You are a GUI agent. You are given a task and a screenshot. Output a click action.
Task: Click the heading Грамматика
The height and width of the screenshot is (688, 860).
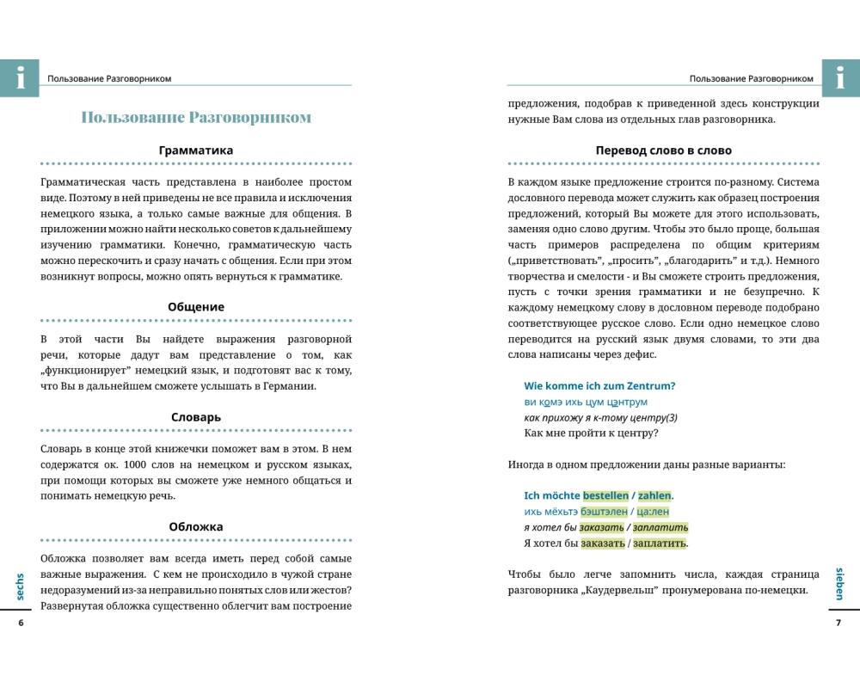[196, 150]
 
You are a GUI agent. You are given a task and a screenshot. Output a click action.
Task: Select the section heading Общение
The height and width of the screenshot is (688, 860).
[196, 307]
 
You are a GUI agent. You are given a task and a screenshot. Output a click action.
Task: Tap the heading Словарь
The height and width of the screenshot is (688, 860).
[196, 417]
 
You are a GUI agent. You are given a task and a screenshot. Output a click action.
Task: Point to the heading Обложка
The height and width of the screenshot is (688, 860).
[196, 527]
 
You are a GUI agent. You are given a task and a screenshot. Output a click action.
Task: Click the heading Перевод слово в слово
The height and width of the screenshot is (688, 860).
[663, 150]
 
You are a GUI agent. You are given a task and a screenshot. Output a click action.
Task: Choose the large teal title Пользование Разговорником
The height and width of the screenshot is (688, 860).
[196, 118]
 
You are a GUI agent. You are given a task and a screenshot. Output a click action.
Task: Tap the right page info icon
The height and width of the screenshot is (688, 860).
[840, 78]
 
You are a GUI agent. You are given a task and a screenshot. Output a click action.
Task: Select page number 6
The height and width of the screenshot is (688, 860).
[20, 623]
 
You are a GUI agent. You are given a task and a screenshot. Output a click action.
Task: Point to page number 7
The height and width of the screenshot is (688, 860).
[838, 623]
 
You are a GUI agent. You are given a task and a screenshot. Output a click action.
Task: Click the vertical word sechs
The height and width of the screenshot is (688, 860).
[20, 587]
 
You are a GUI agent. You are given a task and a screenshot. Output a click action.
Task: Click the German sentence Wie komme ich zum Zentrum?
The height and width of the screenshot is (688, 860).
[599, 385]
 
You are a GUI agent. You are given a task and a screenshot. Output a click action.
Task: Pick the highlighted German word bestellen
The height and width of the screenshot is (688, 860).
[605, 495]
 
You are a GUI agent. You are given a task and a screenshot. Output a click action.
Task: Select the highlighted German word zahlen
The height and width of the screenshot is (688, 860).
[654, 495]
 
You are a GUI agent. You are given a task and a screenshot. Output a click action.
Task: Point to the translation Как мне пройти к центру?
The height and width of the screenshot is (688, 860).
[591, 433]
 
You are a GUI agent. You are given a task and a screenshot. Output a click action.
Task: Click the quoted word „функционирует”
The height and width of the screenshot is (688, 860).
[94, 371]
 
